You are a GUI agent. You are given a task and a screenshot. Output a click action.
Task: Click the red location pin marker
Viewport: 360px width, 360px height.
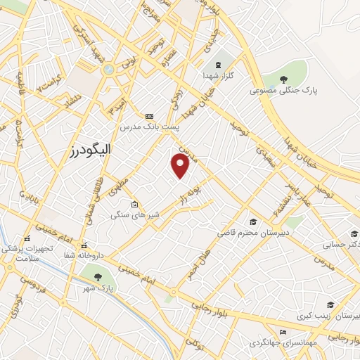point(181,165)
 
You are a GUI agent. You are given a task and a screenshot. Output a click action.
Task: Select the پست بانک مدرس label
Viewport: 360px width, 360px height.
point(149,127)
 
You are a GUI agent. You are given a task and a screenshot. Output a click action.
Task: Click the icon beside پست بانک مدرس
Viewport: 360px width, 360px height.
point(149,116)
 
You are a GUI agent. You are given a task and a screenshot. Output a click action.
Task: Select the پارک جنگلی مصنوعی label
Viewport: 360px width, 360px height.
point(283,91)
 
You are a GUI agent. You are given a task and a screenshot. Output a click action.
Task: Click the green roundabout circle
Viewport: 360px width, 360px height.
point(108,70)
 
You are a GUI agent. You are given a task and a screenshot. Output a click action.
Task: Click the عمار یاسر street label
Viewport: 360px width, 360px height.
point(292,188)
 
